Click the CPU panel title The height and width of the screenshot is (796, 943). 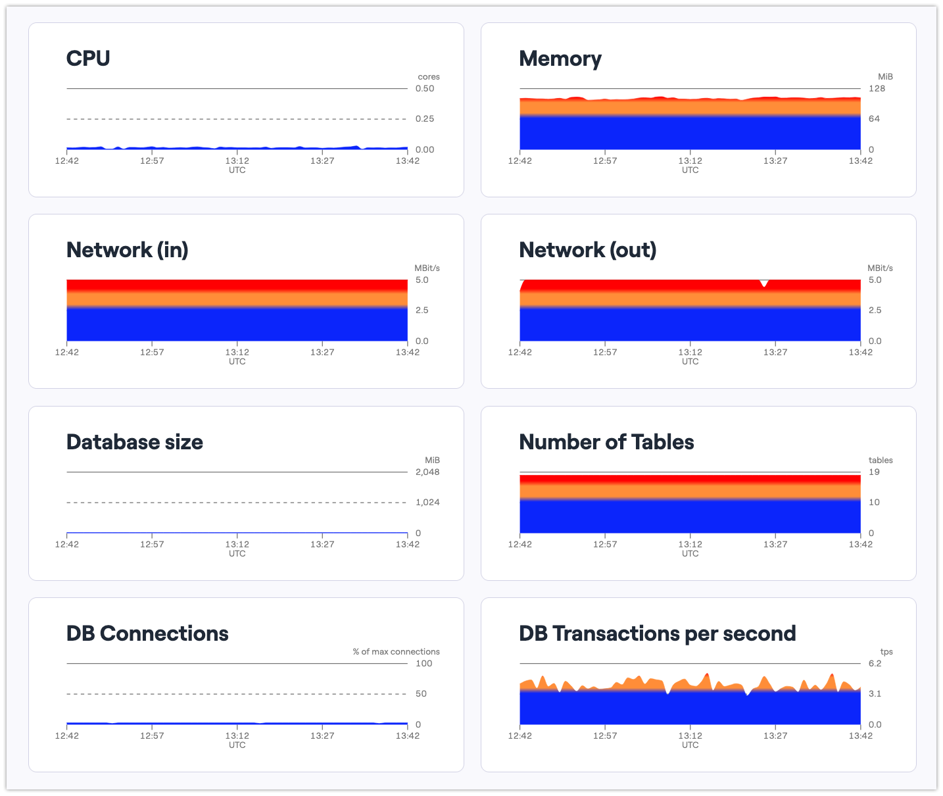tap(88, 59)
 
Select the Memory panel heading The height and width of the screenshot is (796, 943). tap(560, 59)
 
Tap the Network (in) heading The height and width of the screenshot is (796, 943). tap(127, 250)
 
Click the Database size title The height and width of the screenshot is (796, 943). tap(134, 442)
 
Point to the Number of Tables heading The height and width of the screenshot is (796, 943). tap(606, 442)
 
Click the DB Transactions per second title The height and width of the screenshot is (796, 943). tap(657, 634)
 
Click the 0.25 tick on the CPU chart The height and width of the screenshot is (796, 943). tap(425, 119)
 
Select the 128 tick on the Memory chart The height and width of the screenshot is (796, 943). tap(877, 89)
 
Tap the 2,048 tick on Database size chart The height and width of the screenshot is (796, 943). tap(427, 472)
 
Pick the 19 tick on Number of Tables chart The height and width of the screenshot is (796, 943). tap(874, 472)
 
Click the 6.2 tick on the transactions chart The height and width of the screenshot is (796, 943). tap(875, 664)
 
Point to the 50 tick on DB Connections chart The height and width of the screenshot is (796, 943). tap(421, 694)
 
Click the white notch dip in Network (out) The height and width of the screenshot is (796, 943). tap(763, 284)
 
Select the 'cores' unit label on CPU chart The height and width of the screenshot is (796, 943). tap(429, 77)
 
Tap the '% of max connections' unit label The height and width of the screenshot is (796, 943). tap(396, 652)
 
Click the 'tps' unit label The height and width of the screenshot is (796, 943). tap(886, 652)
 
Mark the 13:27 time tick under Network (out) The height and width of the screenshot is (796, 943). tap(775, 353)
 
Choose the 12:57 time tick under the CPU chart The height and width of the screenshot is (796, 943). tap(152, 161)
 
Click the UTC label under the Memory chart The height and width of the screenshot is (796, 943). tap(690, 170)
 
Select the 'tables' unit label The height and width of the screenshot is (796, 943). tap(881, 460)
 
